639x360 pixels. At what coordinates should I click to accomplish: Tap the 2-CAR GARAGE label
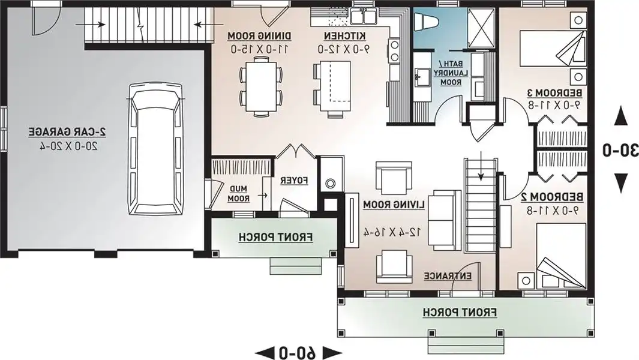pos(68,131)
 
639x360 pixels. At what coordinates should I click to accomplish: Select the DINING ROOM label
pos(260,36)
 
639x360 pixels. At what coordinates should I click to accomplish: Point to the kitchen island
pos(335,86)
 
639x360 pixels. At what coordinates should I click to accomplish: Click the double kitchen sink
pos(362,16)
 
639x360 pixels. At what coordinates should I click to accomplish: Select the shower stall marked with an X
pos(481,28)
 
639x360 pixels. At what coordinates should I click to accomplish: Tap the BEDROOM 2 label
pos(552,197)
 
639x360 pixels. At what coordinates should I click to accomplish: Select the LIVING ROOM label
pos(394,204)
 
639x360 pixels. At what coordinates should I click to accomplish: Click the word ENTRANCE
pos(448,276)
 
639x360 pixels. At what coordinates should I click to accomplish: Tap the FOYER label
pos(294,180)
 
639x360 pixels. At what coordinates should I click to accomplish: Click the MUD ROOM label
pos(238,194)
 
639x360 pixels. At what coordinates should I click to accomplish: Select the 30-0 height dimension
pos(620,150)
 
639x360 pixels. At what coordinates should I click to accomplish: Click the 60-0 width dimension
pos(298,352)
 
